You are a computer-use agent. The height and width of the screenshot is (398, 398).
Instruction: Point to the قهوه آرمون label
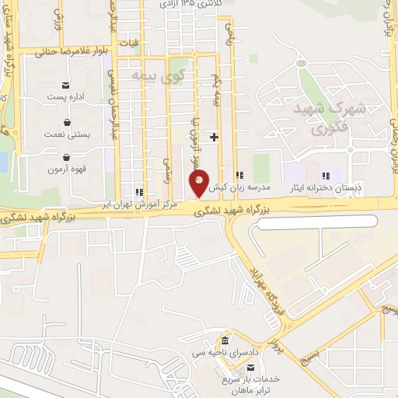point(66,169)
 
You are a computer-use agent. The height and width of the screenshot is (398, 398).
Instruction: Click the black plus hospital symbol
point(215,138)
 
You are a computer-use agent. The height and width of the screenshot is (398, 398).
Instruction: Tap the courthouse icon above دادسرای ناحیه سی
point(225,341)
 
